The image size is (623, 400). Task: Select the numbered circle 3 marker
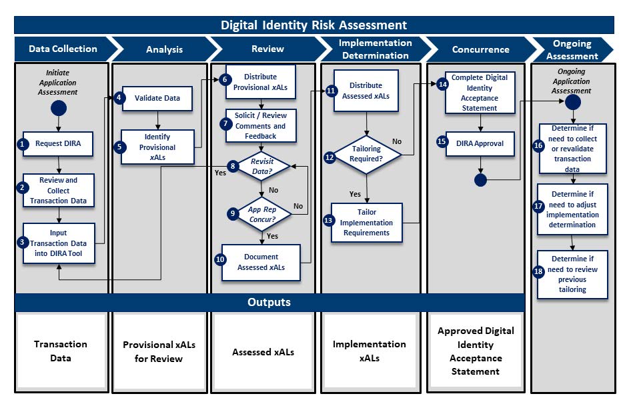(x=23, y=243)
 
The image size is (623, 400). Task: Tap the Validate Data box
(x=157, y=98)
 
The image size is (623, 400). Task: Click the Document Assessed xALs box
(x=261, y=261)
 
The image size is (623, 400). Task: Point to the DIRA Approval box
(x=480, y=143)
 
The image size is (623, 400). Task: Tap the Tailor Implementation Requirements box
(x=367, y=223)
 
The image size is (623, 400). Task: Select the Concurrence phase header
(x=480, y=49)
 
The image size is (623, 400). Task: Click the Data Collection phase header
(x=63, y=49)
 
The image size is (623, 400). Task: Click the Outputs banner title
(x=269, y=302)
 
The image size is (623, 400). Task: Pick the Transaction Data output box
(x=61, y=351)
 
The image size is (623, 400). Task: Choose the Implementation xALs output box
(x=369, y=351)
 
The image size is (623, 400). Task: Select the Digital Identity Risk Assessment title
(x=314, y=25)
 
